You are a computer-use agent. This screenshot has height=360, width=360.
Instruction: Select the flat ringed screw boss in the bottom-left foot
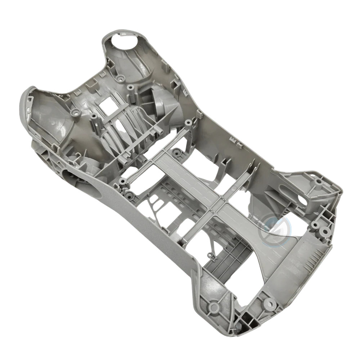click(214, 307)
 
